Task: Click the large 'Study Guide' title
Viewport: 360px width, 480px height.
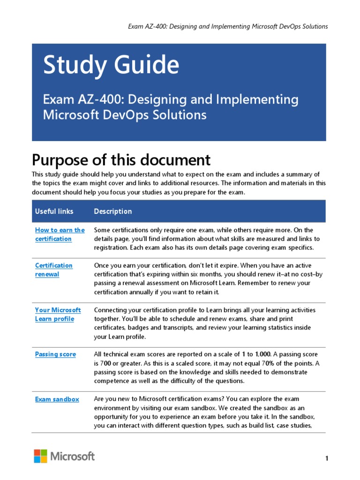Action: tap(111, 65)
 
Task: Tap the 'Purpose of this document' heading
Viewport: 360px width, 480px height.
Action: tap(121, 160)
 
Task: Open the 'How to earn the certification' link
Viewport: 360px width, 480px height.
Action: tap(60, 234)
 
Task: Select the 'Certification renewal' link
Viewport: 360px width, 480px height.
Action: tap(53, 270)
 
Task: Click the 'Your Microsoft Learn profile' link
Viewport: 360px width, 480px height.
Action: tap(58, 314)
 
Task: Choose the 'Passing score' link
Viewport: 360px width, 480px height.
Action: tap(55, 354)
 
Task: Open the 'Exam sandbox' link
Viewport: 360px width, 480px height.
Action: tap(57, 399)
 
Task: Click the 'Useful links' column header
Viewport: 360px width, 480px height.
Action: tap(54, 211)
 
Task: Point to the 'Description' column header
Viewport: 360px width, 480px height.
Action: tap(113, 211)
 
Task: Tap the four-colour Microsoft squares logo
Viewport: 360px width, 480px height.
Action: tap(40, 456)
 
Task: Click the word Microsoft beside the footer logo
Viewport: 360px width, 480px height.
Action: tap(73, 456)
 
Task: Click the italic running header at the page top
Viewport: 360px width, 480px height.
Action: tap(228, 26)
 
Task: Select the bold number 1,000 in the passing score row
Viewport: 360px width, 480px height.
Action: tap(263, 354)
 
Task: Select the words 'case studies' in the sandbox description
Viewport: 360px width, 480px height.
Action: tap(293, 426)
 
